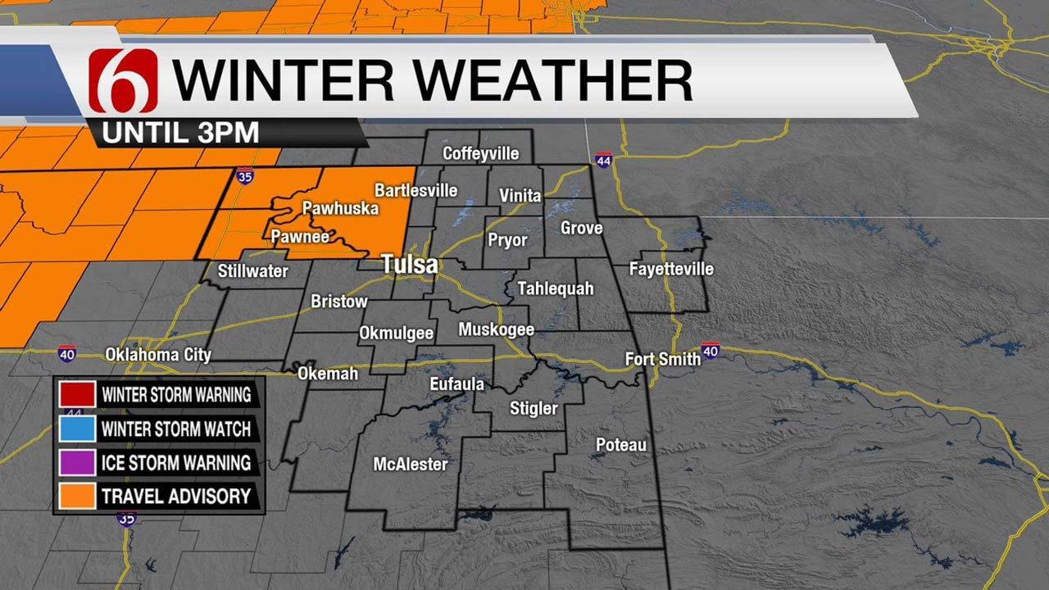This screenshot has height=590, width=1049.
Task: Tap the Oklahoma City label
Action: [158, 356]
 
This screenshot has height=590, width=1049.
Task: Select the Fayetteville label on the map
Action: [671, 269]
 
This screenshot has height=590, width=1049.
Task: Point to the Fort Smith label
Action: [662, 359]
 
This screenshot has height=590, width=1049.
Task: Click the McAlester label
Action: [411, 465]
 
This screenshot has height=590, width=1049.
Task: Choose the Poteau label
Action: [621, 445]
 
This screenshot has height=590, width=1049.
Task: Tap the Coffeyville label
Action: [480, 153]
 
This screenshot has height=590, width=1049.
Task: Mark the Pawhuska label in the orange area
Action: [340, 209]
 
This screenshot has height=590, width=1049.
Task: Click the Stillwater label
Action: [253, 270]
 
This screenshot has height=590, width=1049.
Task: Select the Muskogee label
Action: [496, 329]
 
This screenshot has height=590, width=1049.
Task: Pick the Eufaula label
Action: [456, 383]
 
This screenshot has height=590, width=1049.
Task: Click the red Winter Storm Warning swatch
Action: [75, 394]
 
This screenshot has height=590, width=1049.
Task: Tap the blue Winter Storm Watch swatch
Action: [75, 428]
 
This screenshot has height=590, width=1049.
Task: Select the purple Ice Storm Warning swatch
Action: [75, 462]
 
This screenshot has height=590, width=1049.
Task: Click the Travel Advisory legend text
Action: [175, 496]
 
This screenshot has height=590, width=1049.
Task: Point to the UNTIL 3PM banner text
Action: [181, 132]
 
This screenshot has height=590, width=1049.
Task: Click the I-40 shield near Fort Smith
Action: [711, 351]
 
